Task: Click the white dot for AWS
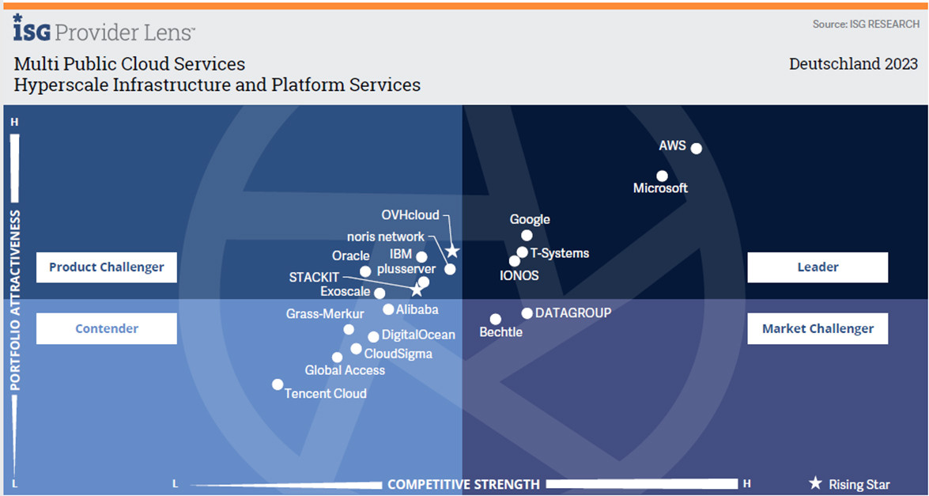696,148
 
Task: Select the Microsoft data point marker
662,176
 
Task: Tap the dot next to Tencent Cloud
278,384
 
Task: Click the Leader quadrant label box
818,267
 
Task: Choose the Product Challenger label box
107,267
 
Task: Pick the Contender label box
107,329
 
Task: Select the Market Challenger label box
818,329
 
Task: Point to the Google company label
530,220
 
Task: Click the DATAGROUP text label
573,313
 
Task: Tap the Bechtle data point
495,320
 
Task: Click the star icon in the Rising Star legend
815,483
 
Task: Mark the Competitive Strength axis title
463,484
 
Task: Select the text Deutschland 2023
853,64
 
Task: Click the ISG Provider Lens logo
104,29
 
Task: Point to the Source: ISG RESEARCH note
866,25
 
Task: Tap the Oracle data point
365,271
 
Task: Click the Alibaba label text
417,310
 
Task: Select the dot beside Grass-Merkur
349,329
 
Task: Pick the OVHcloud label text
410,215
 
